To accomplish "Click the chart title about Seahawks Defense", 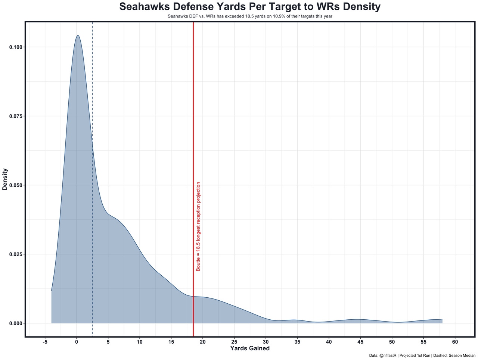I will click(250, 7).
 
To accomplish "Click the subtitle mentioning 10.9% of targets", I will click(250, 16).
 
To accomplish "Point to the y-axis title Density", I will click(5, 179).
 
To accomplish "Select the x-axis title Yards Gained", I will click(250, 348).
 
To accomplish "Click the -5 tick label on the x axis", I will click(45, 342).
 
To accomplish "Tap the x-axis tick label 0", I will click(77, 342).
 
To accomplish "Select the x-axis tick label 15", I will click(171, 342).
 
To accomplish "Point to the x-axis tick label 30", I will click(266, 342).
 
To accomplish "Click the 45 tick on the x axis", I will click(360, 342).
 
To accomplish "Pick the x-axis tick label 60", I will click(455, 342).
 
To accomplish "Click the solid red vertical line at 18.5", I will click(193, 112).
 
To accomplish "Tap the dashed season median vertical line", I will click(92, 93).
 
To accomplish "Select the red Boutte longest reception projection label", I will click(198, 226).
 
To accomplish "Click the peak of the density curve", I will click(78, 36).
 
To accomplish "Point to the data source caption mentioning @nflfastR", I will click(422, 356).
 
